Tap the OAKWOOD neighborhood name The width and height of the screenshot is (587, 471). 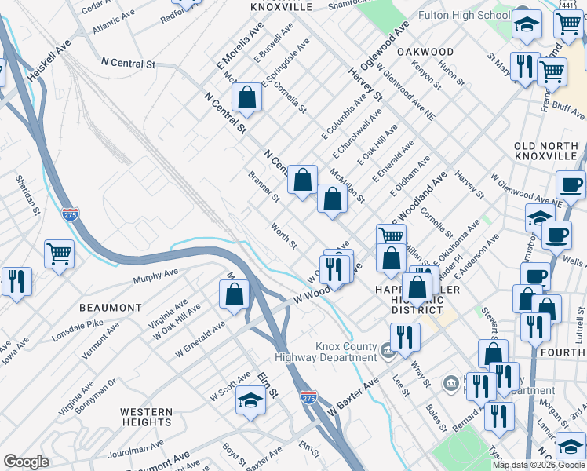click(425, 51)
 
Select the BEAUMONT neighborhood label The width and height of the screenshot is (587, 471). click(110, 307)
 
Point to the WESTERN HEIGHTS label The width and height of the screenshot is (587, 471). click(146, 417)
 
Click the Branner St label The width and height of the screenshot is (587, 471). click(264, 186)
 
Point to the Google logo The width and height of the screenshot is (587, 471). click(27, 462)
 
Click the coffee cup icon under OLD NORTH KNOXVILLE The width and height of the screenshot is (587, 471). click(571, 185)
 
